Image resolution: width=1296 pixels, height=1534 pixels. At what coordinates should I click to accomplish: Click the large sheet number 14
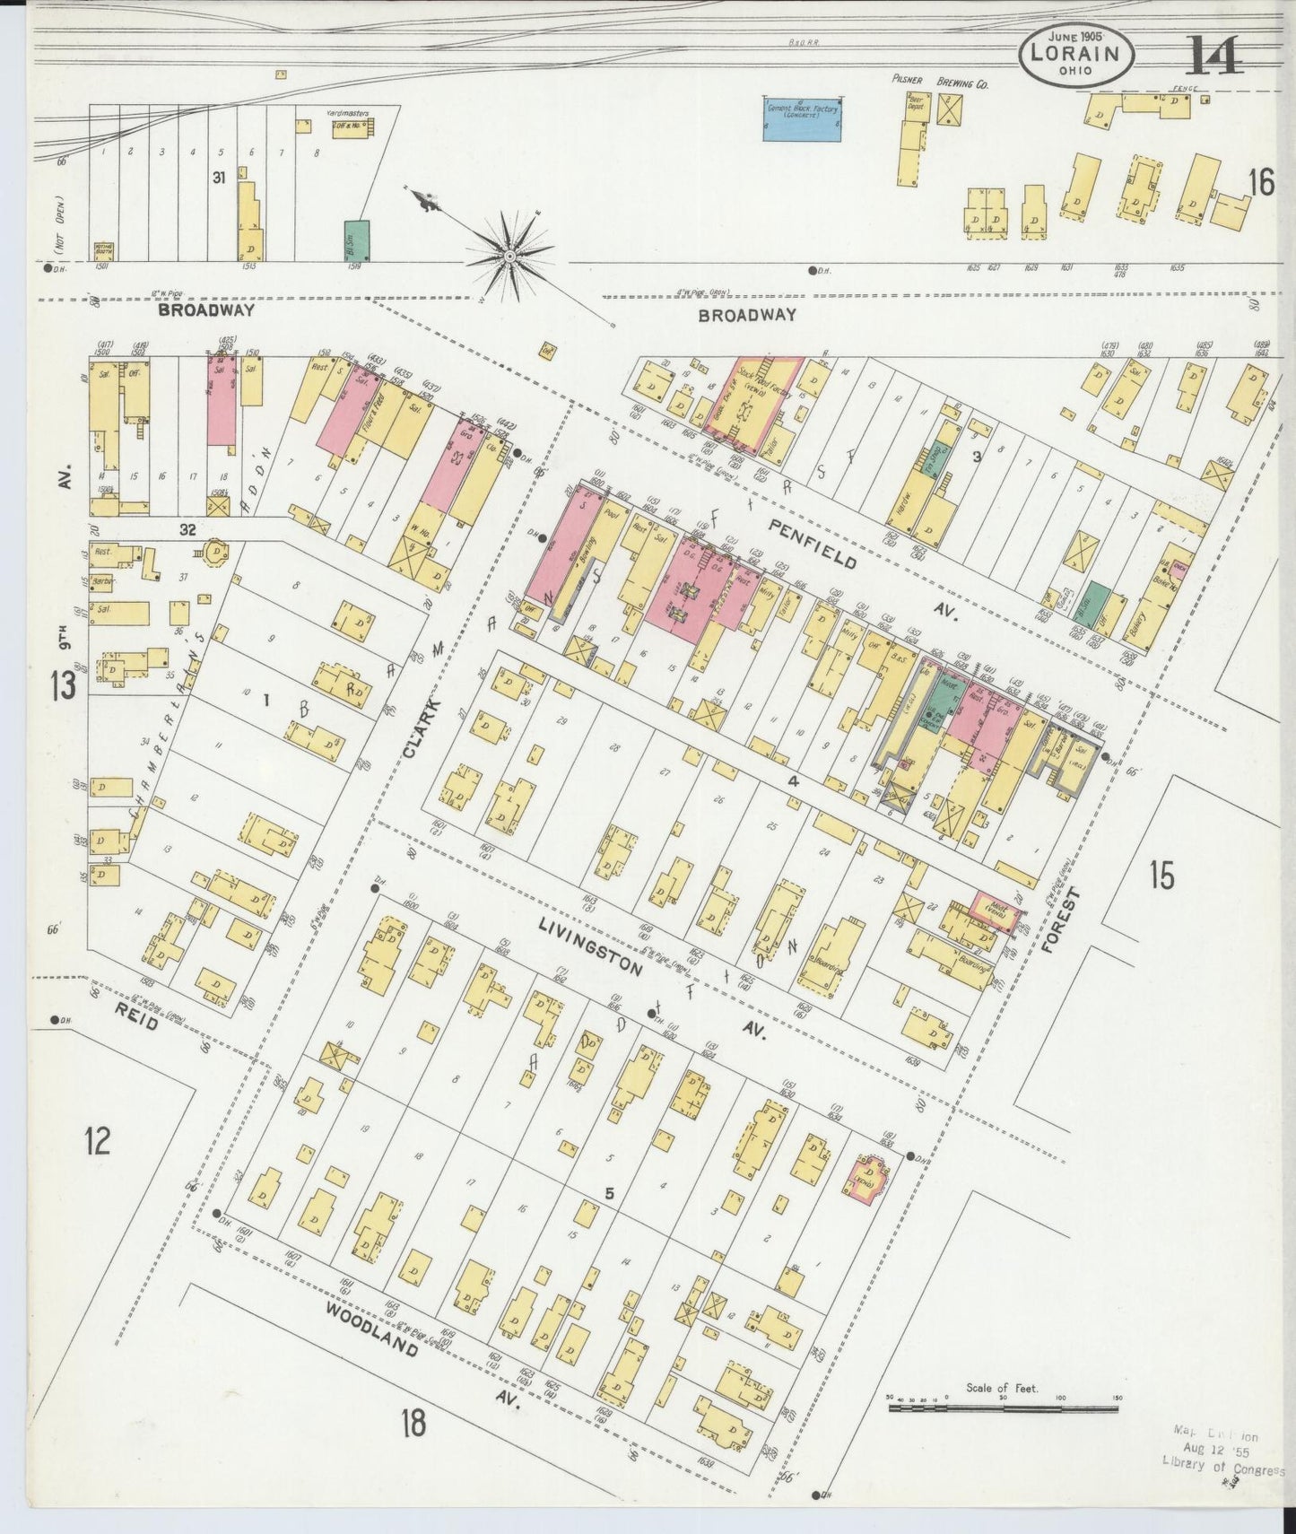(x=1214, y=56)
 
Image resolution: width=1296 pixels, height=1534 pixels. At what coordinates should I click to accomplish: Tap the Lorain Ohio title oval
(x=1075, y=55)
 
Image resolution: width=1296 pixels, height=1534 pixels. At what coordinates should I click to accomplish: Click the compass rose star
(x=510, y=256)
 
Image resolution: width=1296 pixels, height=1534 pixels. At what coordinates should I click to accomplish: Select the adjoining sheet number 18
(x=413, y=1421)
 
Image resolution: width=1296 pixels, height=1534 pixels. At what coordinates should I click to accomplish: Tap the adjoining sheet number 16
(x=1260, y=182)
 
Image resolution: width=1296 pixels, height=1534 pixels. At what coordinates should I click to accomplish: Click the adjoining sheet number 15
(x=1161, y=875)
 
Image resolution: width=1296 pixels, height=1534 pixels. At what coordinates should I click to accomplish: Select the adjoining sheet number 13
(x=64, y=686)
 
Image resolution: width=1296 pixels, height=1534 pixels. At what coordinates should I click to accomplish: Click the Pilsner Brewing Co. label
(x=938, y=82)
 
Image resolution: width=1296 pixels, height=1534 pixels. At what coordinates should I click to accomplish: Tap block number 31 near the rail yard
(x=218, y=178)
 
